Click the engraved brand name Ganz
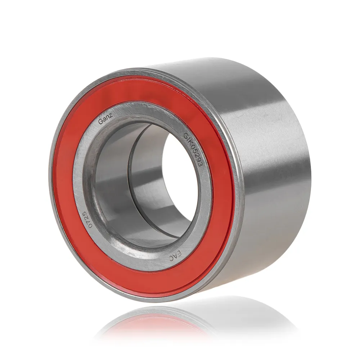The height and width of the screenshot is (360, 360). tap(105, 119)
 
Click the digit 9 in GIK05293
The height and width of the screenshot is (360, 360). tap(198, 160)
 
